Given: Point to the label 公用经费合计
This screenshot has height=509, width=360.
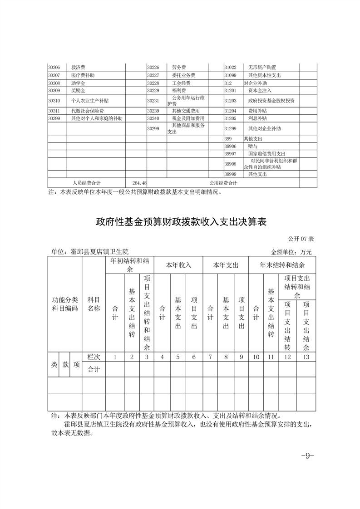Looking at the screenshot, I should [223, 183].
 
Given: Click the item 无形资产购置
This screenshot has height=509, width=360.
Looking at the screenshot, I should [262, 68].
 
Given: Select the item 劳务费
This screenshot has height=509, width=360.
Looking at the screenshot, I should [179, 68].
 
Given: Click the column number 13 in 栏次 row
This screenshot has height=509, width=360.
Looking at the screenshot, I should [306, 357].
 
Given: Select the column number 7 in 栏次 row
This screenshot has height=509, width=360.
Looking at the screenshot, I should [210, 357].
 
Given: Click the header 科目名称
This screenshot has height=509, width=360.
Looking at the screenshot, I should [94, 304].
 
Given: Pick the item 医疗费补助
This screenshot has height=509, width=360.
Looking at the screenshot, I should [83, 75].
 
